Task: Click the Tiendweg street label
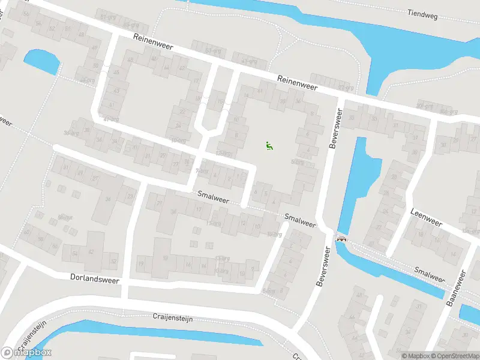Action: (424, 13)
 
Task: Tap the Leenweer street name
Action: (426, 217)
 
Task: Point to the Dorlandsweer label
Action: (95, 279)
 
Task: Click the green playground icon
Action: (268, 145)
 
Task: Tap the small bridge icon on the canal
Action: (342, 238)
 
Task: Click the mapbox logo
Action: (26, 352)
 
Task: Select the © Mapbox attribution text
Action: (416, 356)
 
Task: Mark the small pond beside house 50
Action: (41, 60)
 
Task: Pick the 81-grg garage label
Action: (108, 17)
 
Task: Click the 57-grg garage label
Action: (213, 51)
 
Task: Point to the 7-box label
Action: (202, 171)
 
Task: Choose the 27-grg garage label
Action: (346, 87)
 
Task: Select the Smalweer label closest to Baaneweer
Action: (428, 274)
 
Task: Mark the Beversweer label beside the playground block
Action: (335, 129)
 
